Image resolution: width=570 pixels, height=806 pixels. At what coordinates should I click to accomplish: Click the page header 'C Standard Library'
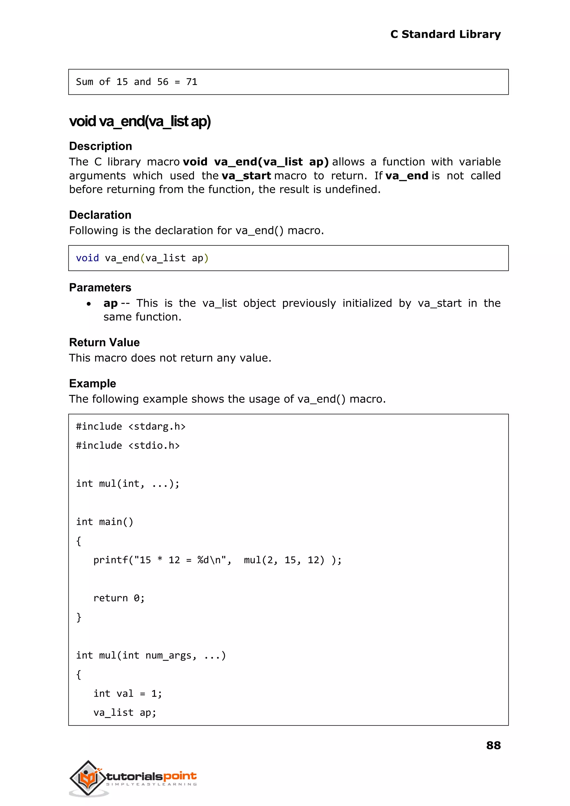[445, 35]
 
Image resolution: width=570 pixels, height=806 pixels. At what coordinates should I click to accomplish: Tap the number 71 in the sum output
[192, 82]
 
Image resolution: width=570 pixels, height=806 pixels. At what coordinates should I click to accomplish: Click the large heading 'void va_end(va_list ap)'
[140, 121]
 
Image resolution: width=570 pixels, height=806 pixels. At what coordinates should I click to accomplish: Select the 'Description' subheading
[100, 146]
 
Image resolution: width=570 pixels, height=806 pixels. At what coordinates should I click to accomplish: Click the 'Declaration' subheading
[100, 215]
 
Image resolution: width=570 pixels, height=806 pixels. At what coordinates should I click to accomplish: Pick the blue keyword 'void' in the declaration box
[87, 258]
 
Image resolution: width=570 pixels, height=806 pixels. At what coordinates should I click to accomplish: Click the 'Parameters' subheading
[100, 288]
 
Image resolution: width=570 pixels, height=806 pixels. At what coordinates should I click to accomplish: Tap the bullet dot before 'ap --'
[89, 304]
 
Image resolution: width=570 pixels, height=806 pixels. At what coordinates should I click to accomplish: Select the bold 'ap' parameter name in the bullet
[110, 304]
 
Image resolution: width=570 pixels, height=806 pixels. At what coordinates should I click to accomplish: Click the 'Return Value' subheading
[104, 342]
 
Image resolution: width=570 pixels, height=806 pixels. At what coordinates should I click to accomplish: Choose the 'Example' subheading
[92, 384]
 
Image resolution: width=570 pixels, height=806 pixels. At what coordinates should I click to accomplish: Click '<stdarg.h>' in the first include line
[157, 427]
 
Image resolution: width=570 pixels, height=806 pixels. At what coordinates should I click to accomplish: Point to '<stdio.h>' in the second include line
[154, 446]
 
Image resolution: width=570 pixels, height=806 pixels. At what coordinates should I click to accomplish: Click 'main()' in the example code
[116, 522]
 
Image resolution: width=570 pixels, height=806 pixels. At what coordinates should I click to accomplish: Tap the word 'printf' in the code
[110, 560]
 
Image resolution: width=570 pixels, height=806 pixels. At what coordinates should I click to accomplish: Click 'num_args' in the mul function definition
[168, 656]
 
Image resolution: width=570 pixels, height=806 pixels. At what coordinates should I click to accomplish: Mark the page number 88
[493, 745]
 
